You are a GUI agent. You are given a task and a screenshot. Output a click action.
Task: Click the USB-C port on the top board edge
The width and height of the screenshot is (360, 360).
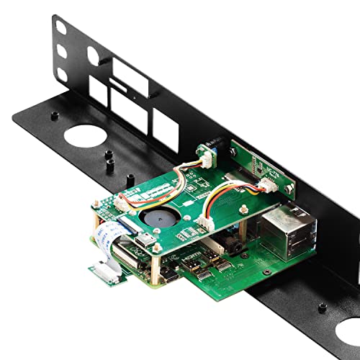(145, 238)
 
